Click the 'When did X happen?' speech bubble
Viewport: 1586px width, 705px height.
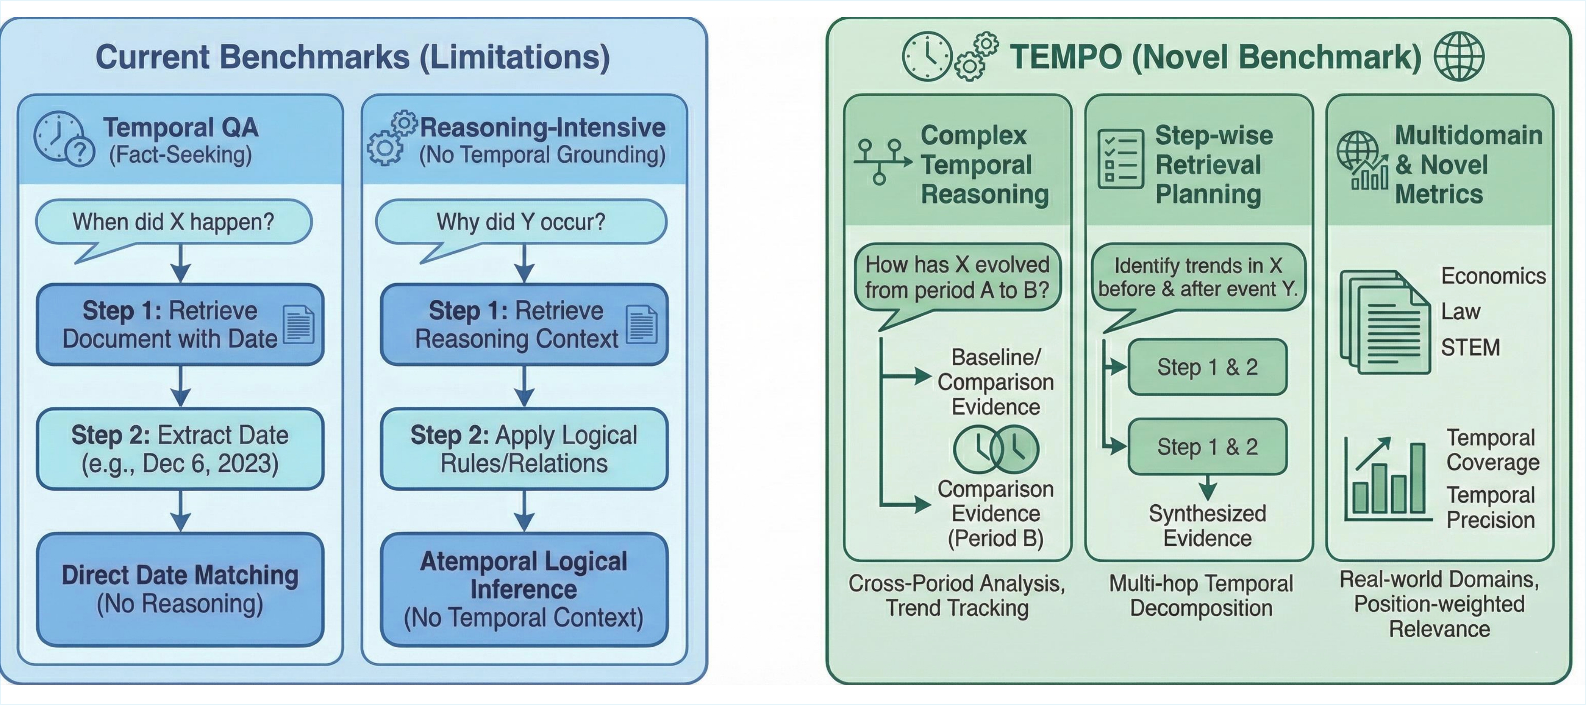point(174,221)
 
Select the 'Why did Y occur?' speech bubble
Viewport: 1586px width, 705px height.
point(521,221)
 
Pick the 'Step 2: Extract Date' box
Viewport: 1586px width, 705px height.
point(180,449)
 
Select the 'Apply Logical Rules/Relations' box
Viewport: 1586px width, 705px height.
point(523,449)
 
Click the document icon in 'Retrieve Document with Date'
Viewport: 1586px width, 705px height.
point(299,324)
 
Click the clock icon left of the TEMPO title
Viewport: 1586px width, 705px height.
point(926,56)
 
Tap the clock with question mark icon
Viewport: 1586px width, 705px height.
point(63,139)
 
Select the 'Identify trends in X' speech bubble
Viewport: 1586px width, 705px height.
point(1198,278)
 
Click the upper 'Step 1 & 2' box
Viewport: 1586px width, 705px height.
point(1207,367)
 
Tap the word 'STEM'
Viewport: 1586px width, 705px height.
point(1470,348)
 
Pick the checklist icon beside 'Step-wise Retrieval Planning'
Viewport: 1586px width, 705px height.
point(1120,159)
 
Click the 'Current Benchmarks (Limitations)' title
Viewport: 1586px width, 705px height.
point(353,57)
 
